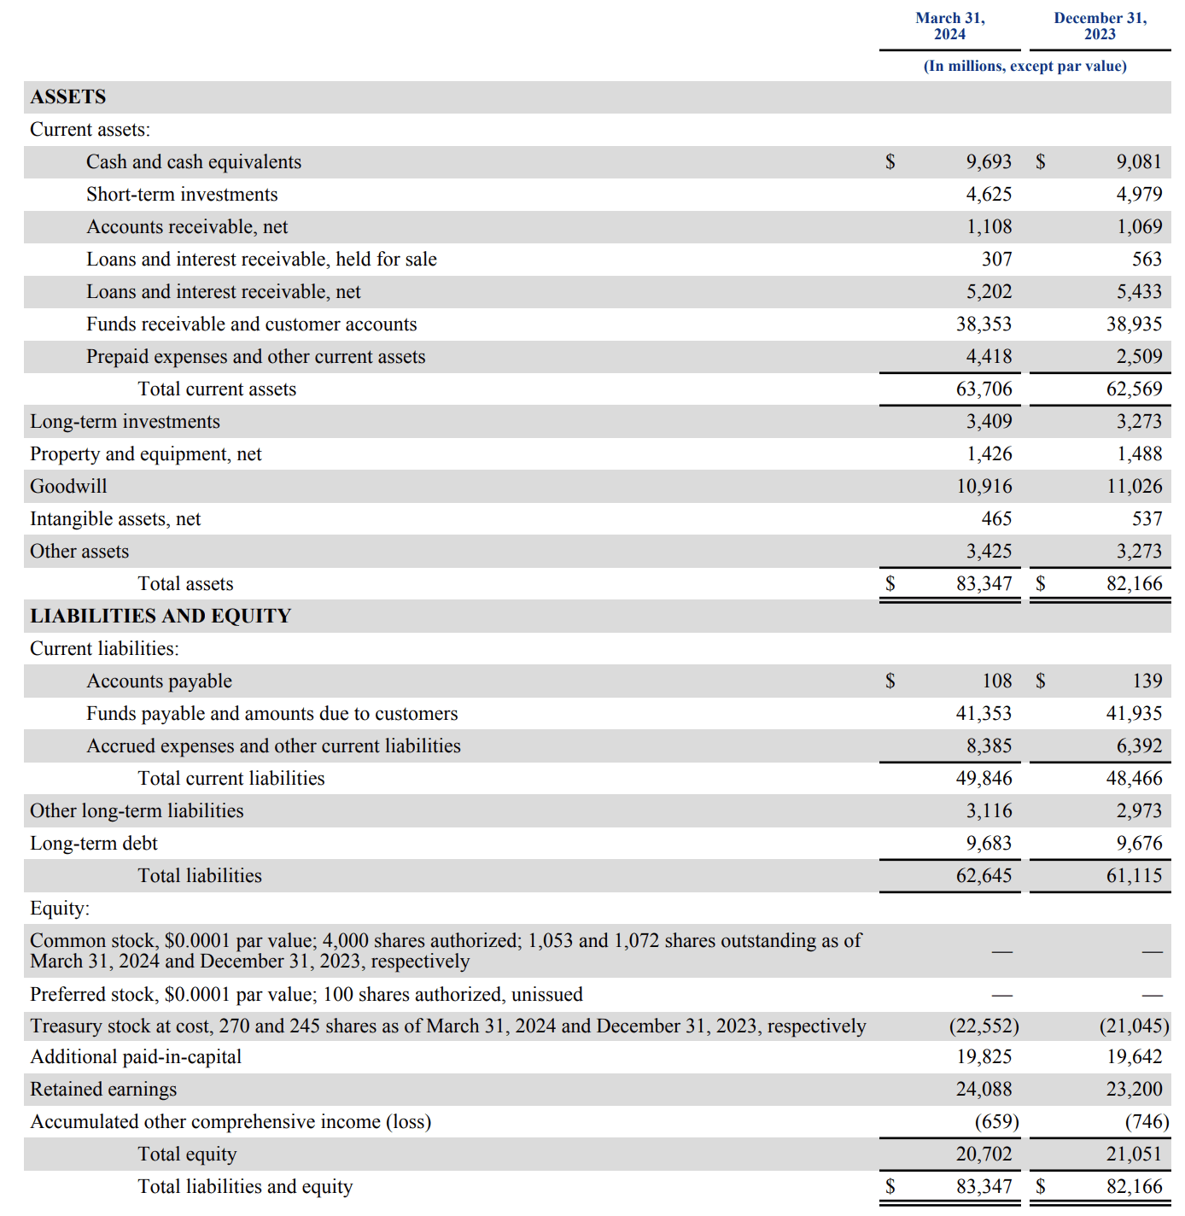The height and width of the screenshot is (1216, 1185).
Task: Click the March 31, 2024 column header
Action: (949, 26)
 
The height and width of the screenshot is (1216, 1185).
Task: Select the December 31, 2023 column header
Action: (1100, 26)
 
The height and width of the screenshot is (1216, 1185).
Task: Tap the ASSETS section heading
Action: (68, 97)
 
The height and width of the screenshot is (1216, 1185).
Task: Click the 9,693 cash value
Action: (989, 162)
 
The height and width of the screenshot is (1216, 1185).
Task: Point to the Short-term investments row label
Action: (182, 195)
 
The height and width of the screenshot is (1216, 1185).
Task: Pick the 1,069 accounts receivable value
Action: (1139, 227)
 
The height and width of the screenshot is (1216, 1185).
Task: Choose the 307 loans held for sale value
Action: (996, 260)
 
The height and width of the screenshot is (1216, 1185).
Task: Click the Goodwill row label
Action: (68, 487)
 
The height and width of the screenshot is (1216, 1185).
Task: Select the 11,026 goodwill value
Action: (1134, 487)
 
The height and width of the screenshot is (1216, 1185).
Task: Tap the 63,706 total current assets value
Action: (984, 389)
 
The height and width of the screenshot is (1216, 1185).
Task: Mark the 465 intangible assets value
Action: (996, 519)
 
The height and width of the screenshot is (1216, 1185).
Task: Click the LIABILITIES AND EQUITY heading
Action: (161, 617)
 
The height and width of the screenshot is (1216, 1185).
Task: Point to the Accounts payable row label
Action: (159, 681)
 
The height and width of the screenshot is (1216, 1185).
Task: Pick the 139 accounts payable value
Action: (1147, 681)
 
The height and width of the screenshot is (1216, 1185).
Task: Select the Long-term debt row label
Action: (94, 844)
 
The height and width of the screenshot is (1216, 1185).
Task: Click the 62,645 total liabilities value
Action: (984, 876)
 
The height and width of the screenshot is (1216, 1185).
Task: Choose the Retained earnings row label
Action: (103, 1090)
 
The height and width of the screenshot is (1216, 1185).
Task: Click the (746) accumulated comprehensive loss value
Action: (1146, 1122)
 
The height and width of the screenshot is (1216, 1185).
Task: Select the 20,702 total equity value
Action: (984, 1155)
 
